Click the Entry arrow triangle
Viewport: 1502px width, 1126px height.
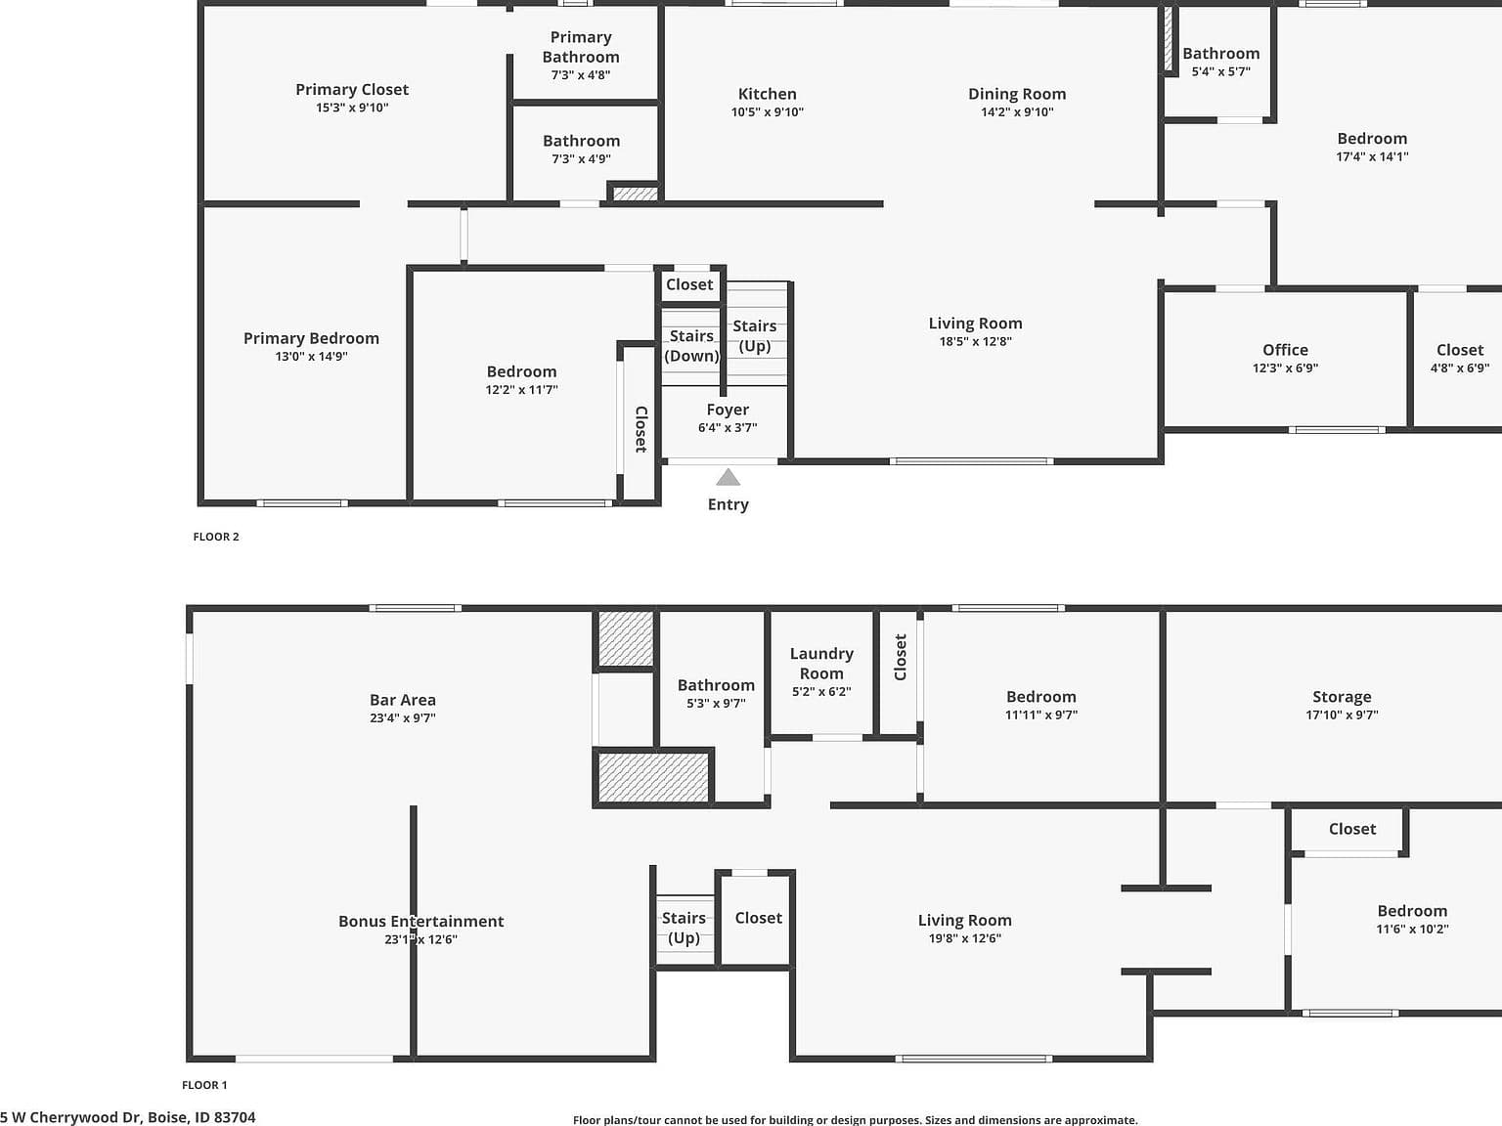[729, 477]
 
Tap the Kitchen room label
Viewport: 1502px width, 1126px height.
[767, 95]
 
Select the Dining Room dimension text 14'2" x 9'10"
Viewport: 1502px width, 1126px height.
[1017, 112]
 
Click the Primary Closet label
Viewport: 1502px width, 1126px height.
[352, 90]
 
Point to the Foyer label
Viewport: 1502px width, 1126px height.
[728, 410]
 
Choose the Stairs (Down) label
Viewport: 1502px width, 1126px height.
[691, 346]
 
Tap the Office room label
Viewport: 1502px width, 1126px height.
[1285, 350]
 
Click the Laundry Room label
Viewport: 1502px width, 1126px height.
[821, 663]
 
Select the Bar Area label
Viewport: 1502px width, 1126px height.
[402, 700]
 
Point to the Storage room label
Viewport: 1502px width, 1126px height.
[1342, 697]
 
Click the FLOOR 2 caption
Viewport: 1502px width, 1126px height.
[216, 537]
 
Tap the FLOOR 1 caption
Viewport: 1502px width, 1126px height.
[204, 1085]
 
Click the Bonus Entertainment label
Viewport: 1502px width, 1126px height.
[420, 922]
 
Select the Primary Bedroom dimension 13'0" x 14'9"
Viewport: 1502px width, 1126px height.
[311, 356]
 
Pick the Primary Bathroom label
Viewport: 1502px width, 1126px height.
[581, 47]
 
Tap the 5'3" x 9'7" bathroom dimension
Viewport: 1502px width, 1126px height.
[716, 704]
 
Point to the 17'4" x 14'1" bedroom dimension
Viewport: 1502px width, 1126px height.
[1372, 156]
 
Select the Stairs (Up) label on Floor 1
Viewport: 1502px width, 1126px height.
[684, 928]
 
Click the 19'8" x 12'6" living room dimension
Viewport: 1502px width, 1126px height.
[965, 938]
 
